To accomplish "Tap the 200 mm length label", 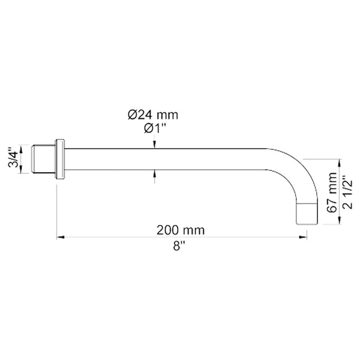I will coord(181,230).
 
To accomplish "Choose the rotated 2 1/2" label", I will coord(347,192).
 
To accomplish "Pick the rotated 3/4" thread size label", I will coord(11,160).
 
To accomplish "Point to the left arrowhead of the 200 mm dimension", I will coord(60,238).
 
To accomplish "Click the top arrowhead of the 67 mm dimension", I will coord(340,161).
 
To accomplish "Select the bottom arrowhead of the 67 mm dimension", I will coord(340,221).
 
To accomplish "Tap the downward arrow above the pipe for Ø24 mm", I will coord(155,145).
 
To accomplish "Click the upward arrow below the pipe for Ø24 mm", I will coord(155,175).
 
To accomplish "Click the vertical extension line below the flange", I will coord(57,210).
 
